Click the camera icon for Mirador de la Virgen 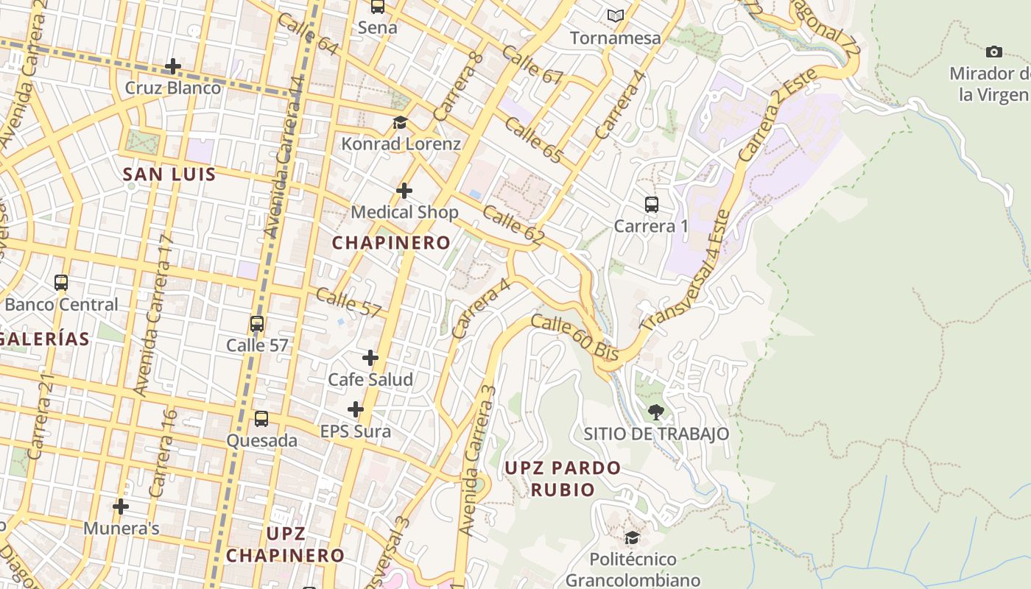(x=993, y=52)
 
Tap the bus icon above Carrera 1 (x=651, y=205)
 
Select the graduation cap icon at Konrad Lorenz (x=400, y=122)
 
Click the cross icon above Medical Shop (x=404, y=191)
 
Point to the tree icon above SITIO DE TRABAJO (x=655, y=412)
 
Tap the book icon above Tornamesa (x=615, y=15)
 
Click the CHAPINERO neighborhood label (x=391, y=242)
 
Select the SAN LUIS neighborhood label (x=169, y=174)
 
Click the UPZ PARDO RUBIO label (x=563, y=479)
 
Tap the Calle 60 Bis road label (x=574, y=338)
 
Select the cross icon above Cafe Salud (x=370, y=358)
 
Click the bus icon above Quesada (x=261, y=419)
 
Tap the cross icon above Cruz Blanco (x=172, y=66)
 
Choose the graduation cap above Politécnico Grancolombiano (x=632, y=538)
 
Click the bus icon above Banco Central (x=61, y=283)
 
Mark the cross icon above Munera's (x=121, y=507)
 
